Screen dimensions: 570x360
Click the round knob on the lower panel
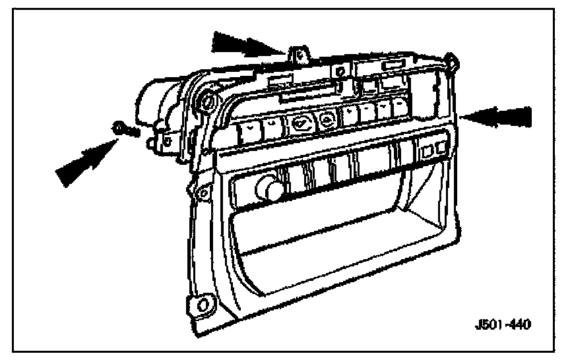pyautogui.click(x=269, y=190)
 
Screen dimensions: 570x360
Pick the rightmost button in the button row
pyautogui.click(x=398, y=107)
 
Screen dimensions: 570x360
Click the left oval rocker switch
pyautogui.click(x=300, y=122)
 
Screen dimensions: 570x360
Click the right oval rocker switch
pyautogui.click(x=325, y=119)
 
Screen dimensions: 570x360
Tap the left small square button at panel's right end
pyautogui.click(x=427, y=152)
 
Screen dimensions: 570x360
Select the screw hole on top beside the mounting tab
pyautogui.click(x=338, y=71)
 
